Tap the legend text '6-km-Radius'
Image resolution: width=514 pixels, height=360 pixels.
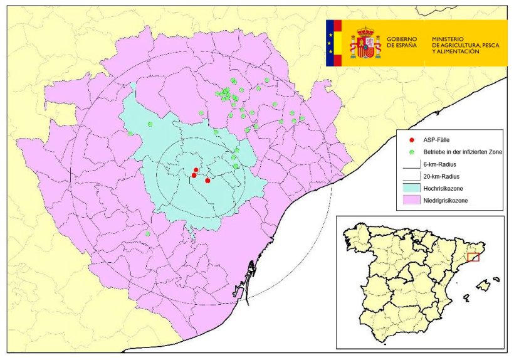coord(439,164)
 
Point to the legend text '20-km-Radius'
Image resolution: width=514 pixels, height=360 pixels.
coord(440,176)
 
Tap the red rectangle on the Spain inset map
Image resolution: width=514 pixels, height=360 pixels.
coord(473,257)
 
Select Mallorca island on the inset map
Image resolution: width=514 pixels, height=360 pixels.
coord(482,286)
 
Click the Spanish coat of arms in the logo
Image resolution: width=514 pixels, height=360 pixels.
coord(365,43)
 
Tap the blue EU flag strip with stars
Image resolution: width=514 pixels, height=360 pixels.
coord(330,43)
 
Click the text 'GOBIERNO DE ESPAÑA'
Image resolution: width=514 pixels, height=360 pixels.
coord(402,43)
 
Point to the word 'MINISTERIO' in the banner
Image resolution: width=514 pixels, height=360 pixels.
coord(447,39)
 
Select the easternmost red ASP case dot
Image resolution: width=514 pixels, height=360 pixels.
coord(207,181)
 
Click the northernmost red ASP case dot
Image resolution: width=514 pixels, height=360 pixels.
coord(196,170)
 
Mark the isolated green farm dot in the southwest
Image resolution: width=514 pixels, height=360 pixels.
coord(148,234)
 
